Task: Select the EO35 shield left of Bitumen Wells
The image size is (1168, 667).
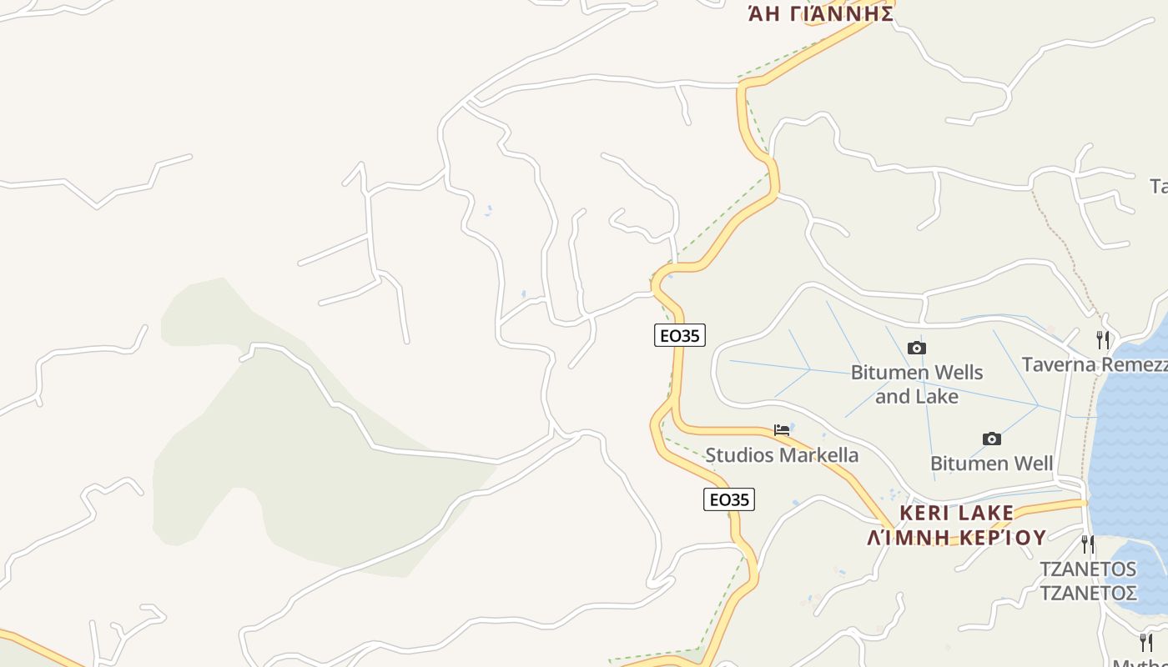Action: pos(679,335)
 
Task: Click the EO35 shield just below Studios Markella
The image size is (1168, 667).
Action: pos(728,499)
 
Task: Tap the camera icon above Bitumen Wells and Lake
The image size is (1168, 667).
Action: pos(916,348)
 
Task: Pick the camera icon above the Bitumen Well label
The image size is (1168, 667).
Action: pos(991,439)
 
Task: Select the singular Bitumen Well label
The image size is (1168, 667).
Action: pos(991,463)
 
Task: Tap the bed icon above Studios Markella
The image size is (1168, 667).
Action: pos(782,430)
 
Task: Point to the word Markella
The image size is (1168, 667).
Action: pos(818,455)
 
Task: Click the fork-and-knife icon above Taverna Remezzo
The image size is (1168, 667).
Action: pos(1103,339)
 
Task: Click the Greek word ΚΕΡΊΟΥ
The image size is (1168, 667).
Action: pos(1001,537)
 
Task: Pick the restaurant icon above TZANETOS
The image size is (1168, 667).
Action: pos(1088,544)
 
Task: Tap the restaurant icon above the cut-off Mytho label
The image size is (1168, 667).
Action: pos(1145,642)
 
